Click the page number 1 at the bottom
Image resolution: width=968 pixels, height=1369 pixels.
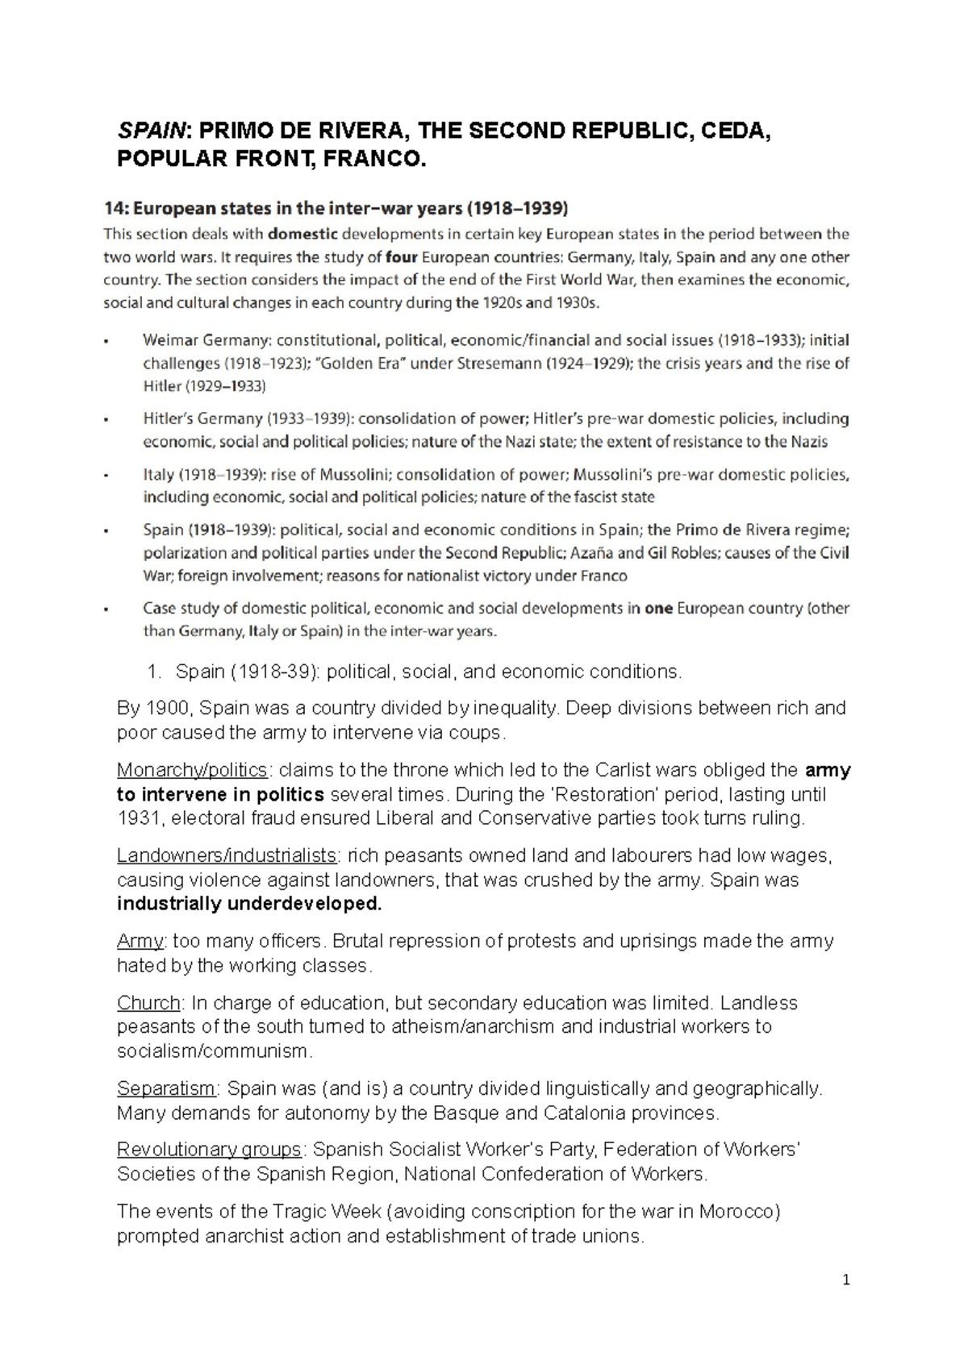click(846, 1280)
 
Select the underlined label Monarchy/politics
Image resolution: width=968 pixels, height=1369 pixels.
click(192, 770)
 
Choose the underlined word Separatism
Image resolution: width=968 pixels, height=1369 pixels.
click(166, 1088)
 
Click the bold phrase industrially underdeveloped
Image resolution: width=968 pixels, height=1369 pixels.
click(248, 904)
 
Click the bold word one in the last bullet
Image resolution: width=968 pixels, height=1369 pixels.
click(658, 609)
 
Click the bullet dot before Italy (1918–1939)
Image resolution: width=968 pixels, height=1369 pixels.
click(106, 476)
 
